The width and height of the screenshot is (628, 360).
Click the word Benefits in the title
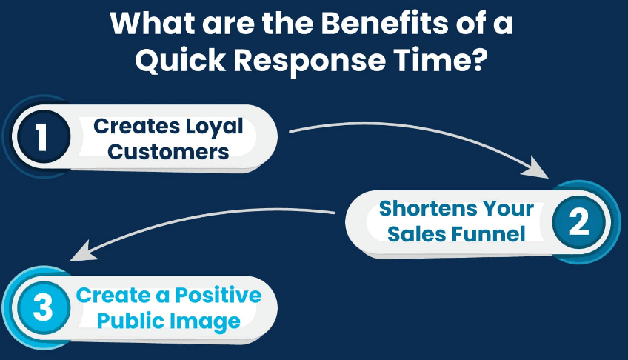[384, 23]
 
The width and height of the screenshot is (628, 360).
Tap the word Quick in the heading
[180, 61]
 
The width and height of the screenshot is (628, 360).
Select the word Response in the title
[310, 61]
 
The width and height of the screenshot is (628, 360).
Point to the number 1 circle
[43, 136]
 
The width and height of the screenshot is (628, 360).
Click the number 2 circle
[578, 221]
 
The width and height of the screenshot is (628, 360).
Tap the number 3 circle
[43, 307]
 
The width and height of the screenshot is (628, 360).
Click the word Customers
[168, 152]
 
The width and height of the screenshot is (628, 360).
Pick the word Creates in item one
[137, 127]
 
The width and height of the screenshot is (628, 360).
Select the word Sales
[416, 234]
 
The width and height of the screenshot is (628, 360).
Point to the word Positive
[218, 296]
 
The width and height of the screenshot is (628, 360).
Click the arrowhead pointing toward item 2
[537, 168]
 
